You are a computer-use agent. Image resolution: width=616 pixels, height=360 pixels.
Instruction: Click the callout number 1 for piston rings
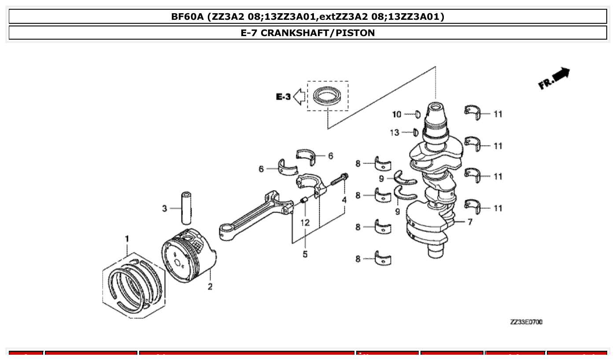pos(127,239)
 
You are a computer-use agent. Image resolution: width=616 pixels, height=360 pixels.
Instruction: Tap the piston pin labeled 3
pos(185,208)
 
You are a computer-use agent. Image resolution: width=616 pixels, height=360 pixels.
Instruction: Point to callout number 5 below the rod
pos(305,254)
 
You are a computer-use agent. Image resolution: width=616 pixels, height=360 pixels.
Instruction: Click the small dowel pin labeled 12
pos(303,202)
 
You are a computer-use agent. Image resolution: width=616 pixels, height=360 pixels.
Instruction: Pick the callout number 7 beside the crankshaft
pos(470,222)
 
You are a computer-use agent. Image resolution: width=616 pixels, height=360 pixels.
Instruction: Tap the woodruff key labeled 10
pos(417,115)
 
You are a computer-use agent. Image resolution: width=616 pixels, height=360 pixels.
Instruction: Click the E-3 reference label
pos(283,97)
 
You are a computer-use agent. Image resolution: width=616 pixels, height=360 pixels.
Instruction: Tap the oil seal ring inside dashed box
pos(327,96)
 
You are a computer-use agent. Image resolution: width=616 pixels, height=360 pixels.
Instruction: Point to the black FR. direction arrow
pos(559,75)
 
